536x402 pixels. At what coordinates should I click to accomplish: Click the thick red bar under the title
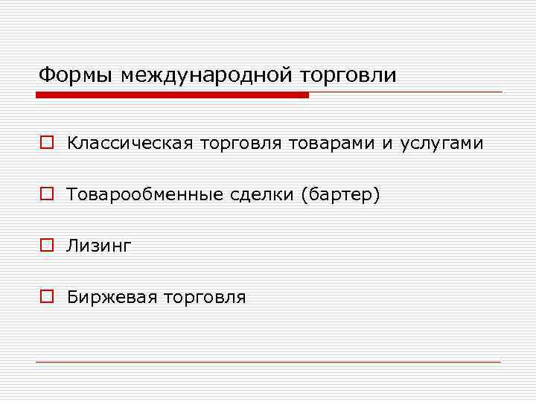point(172,95)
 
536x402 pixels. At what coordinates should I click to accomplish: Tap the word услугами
point(441,143)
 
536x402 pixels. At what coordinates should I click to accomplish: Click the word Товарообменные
point(144,194)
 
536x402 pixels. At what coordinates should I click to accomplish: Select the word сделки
point(262,194)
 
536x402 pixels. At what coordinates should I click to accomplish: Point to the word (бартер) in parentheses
point(341,195)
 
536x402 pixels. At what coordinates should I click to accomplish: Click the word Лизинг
point(98,246)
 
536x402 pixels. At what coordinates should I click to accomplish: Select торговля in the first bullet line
point(240,142)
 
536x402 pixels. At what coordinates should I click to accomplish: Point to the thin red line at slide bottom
point(268,362)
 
